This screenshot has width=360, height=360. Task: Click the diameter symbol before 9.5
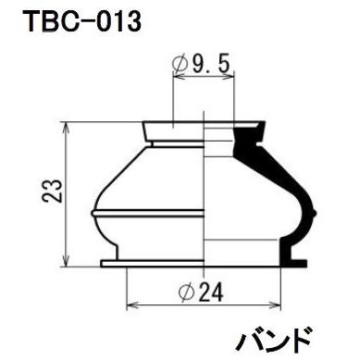180,65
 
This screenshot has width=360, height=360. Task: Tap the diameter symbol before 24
183,293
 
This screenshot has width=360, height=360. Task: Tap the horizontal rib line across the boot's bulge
148,216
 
